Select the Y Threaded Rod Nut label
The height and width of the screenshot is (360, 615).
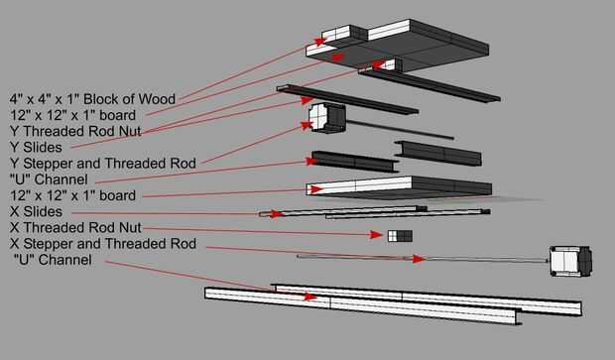(75, 131)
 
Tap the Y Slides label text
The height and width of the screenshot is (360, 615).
(36, 147)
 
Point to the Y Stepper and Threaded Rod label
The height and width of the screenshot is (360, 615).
(103, 163)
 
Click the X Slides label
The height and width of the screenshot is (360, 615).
(36, 211)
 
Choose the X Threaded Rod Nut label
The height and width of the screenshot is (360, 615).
(75, 227)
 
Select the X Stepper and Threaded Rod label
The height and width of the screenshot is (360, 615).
(103, 244)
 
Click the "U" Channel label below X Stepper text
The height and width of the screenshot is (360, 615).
(53, 260)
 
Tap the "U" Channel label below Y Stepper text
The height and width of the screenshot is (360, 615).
(49, 180)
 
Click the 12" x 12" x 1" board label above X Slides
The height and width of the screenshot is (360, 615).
(73, 195)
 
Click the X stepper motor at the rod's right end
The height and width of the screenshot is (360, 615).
(571, 261)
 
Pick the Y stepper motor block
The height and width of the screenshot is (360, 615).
(326, 118)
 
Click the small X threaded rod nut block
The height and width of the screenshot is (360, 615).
(400, 236)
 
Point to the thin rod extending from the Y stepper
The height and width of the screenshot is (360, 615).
(400, 130)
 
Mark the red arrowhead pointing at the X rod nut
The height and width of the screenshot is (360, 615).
(376, 234)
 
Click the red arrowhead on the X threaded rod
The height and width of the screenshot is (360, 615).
(419, 259)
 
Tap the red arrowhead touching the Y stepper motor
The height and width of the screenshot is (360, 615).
(307, 125)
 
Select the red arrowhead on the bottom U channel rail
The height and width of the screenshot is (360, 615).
(310, 297)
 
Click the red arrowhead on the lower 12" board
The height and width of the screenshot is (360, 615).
(316, 189)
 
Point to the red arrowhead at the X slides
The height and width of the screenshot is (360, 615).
(276, 214)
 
